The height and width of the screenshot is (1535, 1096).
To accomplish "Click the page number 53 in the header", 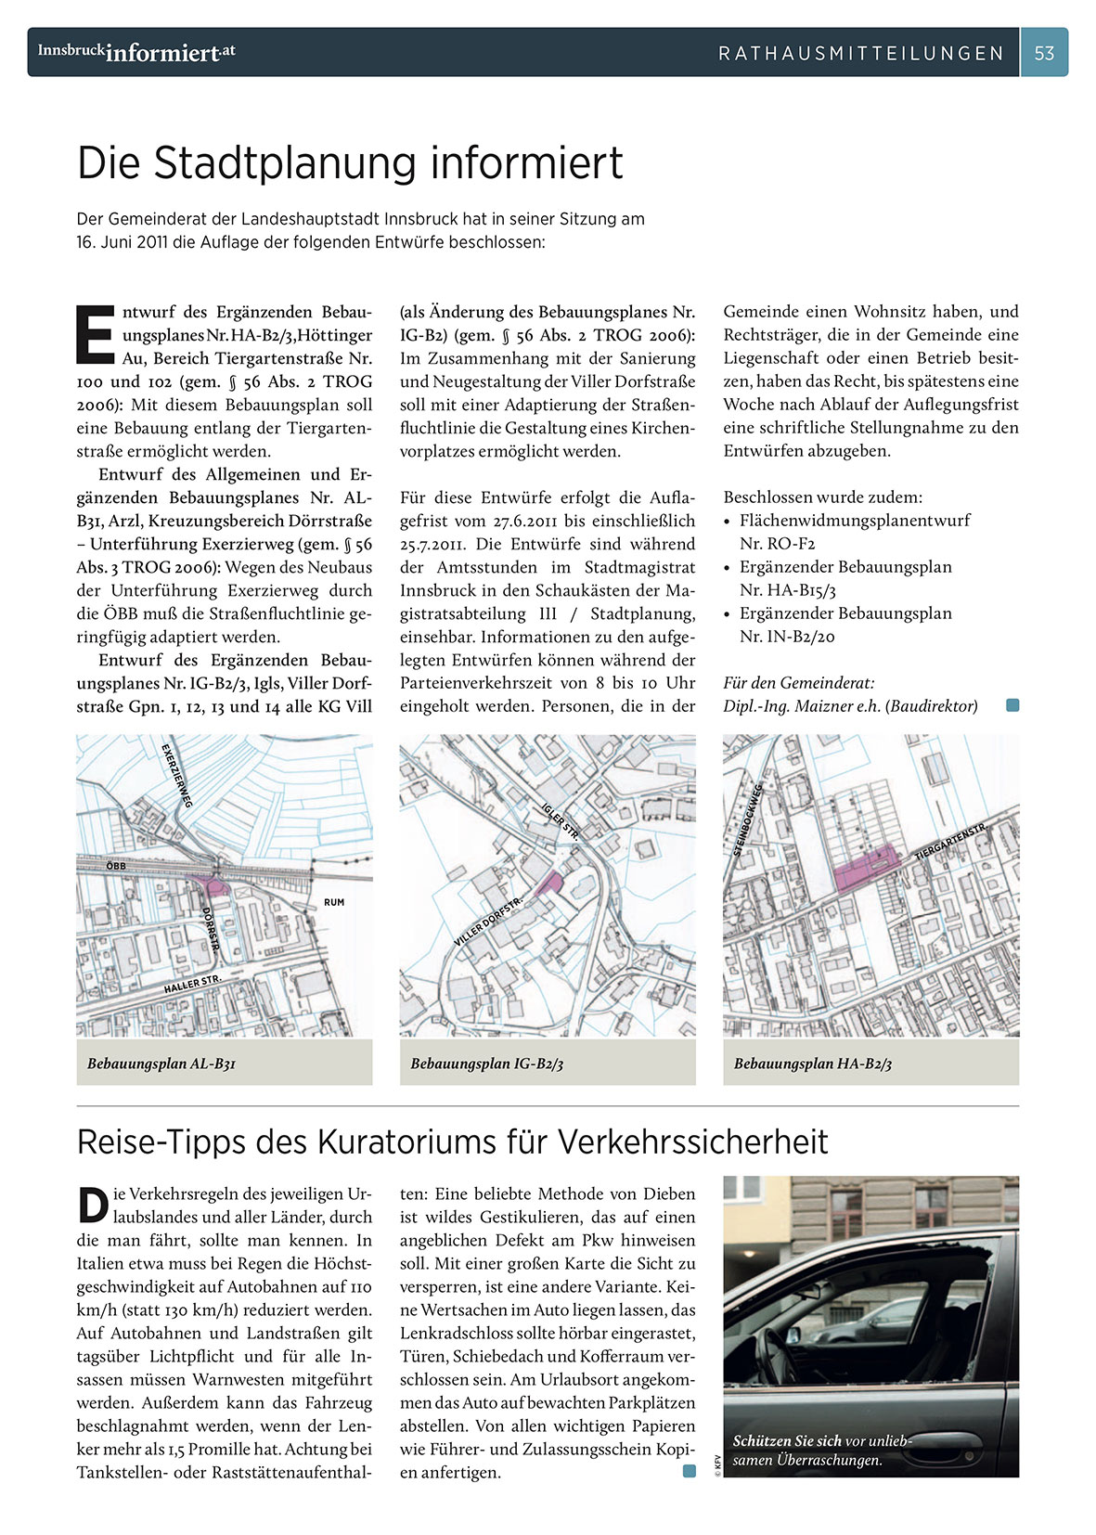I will (x=1044, y=53).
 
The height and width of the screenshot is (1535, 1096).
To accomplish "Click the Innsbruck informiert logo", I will (x=135, y=52).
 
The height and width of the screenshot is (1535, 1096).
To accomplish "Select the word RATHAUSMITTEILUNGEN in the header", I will (x=861, y=54).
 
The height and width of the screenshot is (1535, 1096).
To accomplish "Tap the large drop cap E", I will (x=96, y=334).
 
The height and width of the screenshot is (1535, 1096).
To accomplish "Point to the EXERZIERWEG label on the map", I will (x=176, y=775).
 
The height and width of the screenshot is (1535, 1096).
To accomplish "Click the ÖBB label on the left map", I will (x=116, y=866).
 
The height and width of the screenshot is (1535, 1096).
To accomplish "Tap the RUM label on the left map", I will (x=334, y=902).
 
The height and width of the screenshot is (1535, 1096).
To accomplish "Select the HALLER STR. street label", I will (x=192, y=984).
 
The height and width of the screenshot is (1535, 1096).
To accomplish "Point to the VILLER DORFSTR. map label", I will (x=489, y=922).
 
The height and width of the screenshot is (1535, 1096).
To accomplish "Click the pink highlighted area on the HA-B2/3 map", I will (x=865, y=870).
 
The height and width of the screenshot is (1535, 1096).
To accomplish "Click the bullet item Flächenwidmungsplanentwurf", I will (x=854, y=521).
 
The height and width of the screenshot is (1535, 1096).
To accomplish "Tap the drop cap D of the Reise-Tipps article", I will (x=93, y=1205).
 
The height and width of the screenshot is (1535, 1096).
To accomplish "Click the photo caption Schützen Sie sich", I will (x=788, y=1441).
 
